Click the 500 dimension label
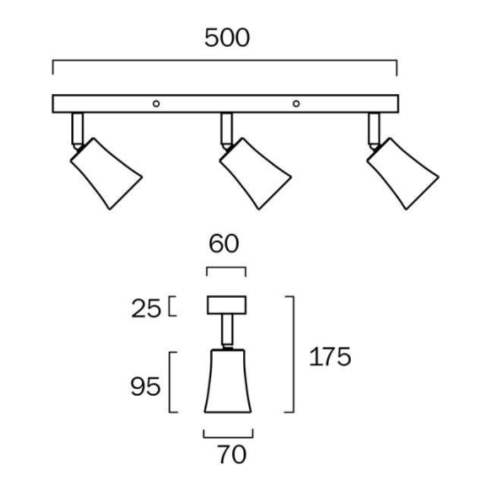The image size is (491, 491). pyautogui.click(x=227, y=38)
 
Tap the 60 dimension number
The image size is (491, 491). pyautogui.click(x=224, y=243)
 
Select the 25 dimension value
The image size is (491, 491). pyautogui.click(x=146, y=309)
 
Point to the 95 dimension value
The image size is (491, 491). pyautogui.click(x=145, y=386)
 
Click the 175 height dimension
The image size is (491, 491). pyautogui.click(x=330, y=356)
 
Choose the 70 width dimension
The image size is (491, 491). pyautogui.click(x=232, y=454)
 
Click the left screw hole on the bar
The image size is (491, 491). pyautogui.click(x=156, y=104)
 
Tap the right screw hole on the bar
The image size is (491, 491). pyautogui.click(x=296, y=104)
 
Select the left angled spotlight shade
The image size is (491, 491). pyautogui.click(x=106, y=174)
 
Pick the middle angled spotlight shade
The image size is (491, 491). pyautogui.click(x=255, y=174)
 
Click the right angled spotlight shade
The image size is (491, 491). pyautogui.click(x=402, y=174)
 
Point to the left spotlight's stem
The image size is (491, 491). pyautogui.click(x=77, y=130)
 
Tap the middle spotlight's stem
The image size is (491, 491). pyautogui.click(x=227, y=130)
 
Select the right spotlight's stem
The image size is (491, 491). pyautogui.click(x=374, y=130)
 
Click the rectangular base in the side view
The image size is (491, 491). pyautogui.click(x=227, y=305)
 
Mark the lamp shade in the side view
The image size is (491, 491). pyautogui.click(x=228, y=381)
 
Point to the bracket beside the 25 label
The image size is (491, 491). pyautogui.click(x=172, y=306)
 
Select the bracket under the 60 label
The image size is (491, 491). pyautogui.click(x=226, y=271)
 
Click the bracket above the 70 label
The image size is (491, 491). pyautogui.click(x=228, y=433)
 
